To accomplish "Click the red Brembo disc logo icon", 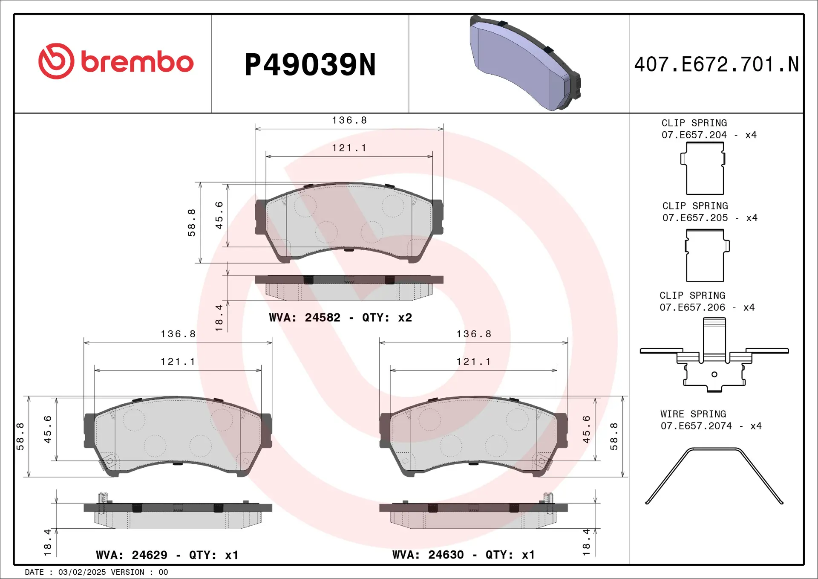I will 56,61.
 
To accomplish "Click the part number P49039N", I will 310,65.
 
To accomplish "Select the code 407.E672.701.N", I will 716,65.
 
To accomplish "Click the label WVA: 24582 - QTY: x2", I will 340,318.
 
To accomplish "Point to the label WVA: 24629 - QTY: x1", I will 167,555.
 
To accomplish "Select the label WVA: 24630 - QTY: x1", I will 464,555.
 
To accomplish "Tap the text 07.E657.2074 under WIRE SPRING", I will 696,426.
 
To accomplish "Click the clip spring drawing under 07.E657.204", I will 705,169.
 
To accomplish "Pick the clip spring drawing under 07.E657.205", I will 706,256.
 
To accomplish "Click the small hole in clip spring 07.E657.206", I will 714,374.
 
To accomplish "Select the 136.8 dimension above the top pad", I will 349,121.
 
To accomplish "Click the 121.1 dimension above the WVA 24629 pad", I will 178,362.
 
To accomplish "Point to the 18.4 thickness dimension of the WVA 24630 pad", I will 586,542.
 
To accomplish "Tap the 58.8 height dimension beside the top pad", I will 192,223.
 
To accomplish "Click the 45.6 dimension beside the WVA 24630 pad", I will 586,429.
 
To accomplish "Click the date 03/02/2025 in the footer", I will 82,572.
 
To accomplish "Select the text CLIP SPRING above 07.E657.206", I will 692,295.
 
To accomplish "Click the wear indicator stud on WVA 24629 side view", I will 103,498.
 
